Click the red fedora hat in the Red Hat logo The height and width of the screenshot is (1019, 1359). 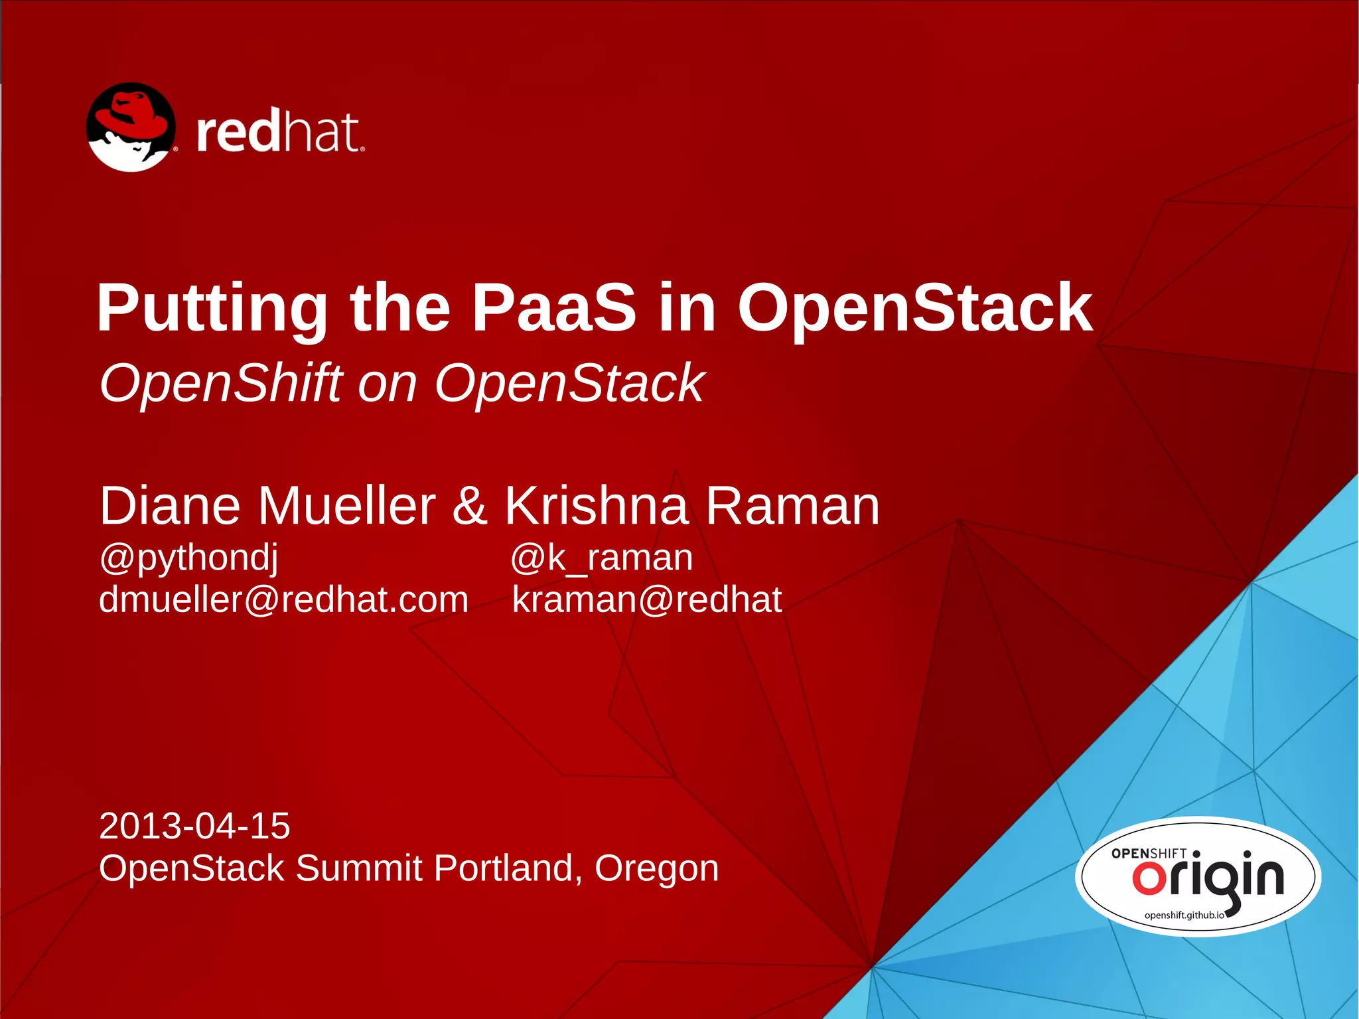[x=130, y=114]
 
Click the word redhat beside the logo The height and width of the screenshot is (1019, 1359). [x=279, y=132]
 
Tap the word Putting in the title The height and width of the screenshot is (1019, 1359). [x=212, y=309]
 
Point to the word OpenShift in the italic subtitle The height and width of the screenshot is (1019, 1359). [x=220, y=384]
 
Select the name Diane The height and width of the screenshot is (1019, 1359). [x=169, y=506]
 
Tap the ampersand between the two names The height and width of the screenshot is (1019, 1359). [x=470, y=506]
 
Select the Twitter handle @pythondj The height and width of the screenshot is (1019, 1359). [x=188, y=558]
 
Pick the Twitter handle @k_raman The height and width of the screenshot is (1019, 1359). [x=601, y=558]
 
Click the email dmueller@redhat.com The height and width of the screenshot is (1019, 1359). [x=283, y=599]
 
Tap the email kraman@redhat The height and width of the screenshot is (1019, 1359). [x=646, y=599]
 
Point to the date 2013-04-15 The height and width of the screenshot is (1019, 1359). [x=194, y=826]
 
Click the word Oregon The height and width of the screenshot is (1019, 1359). [x=656, y=868]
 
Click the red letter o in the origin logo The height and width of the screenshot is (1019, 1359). [x=1149, y=878]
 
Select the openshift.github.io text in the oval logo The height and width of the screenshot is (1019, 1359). [x=1184, y=915]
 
